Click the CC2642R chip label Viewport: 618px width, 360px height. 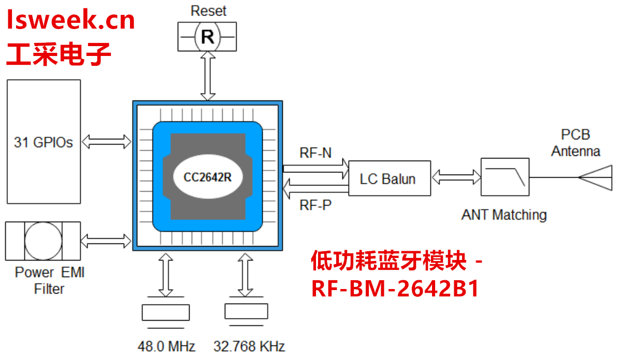(207, 177)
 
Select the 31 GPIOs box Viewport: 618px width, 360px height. (44, 141)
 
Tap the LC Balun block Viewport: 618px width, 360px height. (389, 179)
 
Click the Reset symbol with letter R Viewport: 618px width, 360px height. (207, 37)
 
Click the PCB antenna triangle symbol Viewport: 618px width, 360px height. (596, 178)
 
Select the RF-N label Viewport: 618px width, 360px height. (315, 153)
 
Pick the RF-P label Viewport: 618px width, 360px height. (315, 205)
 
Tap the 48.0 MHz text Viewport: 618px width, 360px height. (166, 346)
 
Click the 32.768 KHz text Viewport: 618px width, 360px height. (249, 346)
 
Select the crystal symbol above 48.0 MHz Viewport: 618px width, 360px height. (166, 313)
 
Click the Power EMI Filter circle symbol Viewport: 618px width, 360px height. (43, 241)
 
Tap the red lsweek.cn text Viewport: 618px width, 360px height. (71, 21)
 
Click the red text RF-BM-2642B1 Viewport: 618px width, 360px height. (395, 289)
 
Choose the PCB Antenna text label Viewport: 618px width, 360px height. (575, 143)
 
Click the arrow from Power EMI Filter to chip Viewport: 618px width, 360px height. (107, 240)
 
